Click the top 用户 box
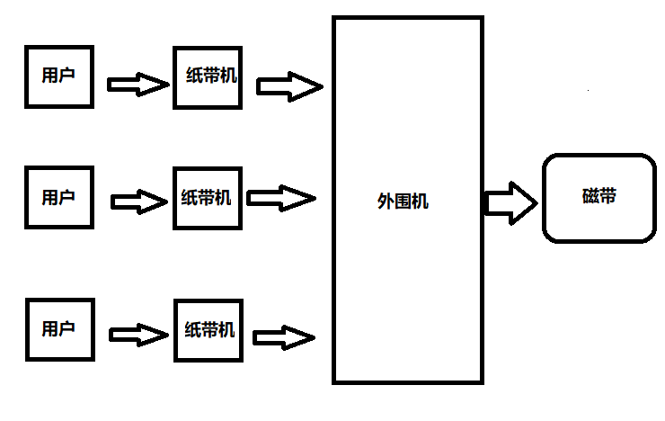(x=58, y=76)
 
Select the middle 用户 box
(x=58, y=197)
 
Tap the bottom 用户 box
(x=58, y=328)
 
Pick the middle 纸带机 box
(x=206, y=198)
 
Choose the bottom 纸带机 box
(x=209, y=329)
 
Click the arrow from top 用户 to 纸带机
(x=137, y=85)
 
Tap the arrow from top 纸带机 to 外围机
(x=288, y=86)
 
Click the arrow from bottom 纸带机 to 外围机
(x=284, y=338)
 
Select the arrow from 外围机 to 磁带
(x=510, y=202)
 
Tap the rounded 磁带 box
(x=599, y=198)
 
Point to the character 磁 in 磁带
(x=590, y=196)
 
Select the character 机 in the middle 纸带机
(x=223, y=198)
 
